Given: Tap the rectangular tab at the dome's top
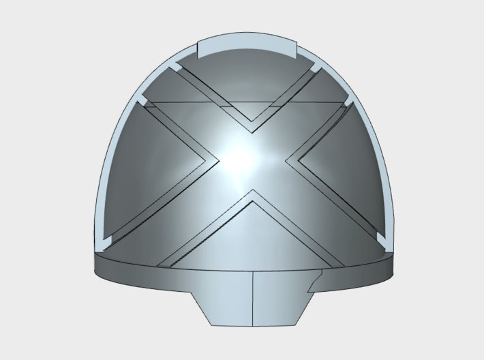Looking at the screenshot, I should coord(247,49).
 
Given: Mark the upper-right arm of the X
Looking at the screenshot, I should coord(300,112).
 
